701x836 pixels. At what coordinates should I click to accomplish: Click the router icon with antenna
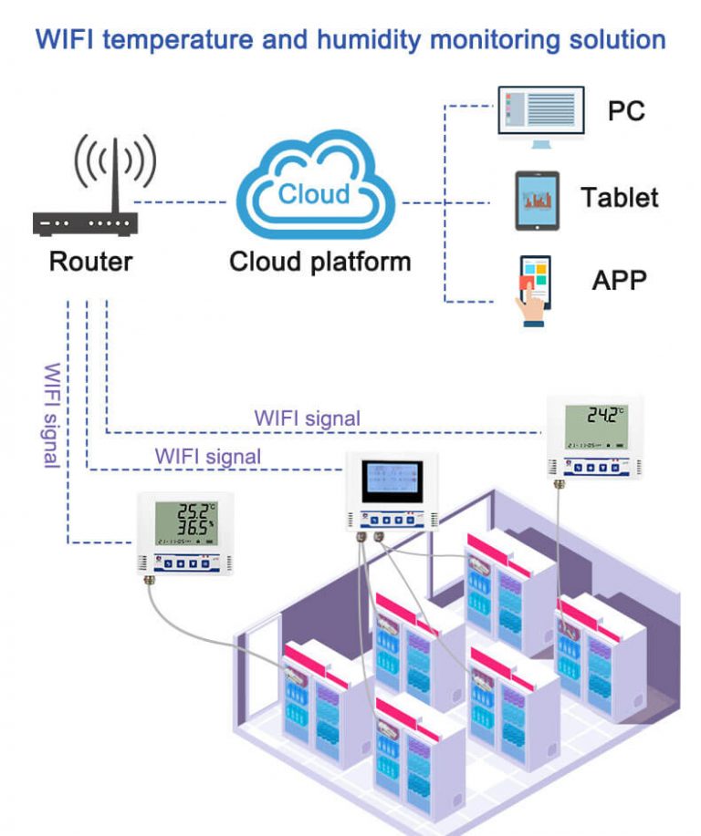pyautogui.click(x=86, y=197)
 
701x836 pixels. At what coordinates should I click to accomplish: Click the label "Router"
pyautogui.click(x=90, y=262)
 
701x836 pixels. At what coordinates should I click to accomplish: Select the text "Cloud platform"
pyautogui.click(x=319, y=262)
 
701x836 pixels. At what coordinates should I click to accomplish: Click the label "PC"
pyautogui.click(x=626, y=110)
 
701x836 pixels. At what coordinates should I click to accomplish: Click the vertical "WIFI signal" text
pyautogui.click(x=52, y=415)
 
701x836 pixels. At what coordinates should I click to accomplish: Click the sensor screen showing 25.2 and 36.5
pyautogui.click(x=186, y=523)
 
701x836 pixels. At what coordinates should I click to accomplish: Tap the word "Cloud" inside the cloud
pyautogui.click(x=314, y=193)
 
